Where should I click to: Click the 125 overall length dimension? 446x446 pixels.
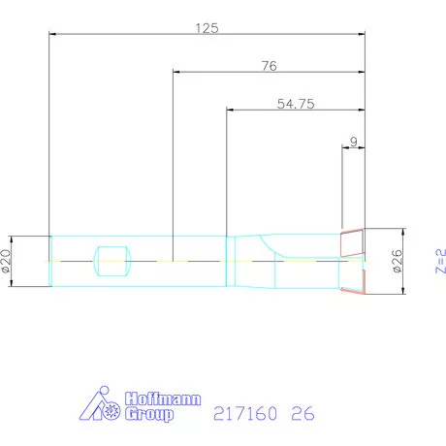(x=207, y=28)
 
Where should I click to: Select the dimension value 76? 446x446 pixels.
(x=270, y=66)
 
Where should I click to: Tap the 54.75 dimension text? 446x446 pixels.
(x=295, y=103)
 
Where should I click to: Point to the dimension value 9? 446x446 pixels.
(x=354, y=142)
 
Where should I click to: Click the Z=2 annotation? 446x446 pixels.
(x=438, y=260)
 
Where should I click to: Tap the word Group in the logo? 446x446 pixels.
(x=149, y=414)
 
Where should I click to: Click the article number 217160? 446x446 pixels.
(x=241, y=414)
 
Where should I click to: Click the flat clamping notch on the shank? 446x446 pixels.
(x=111, y=260)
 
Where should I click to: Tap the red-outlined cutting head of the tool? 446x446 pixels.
(x=353, y=260)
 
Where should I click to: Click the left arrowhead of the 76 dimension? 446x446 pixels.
(x=176, y=71)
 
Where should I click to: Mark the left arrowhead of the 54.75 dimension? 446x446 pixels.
(x=230, y=109)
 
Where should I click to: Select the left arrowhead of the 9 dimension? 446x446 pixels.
(x=344, y=147)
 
